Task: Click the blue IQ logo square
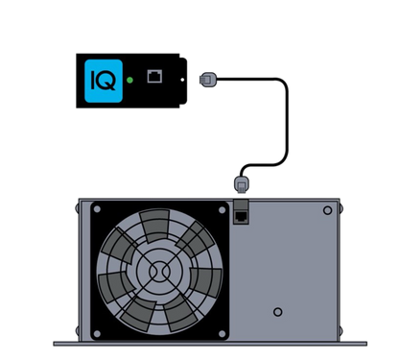(104, 81)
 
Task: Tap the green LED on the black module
(129, 80)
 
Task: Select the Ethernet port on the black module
(154, 76)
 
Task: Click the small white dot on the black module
(182, 80)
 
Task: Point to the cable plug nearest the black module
(208, 79)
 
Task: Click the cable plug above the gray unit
(242, 184)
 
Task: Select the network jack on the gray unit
(241, 216)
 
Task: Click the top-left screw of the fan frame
(97, 209)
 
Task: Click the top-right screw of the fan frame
(222, 210)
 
